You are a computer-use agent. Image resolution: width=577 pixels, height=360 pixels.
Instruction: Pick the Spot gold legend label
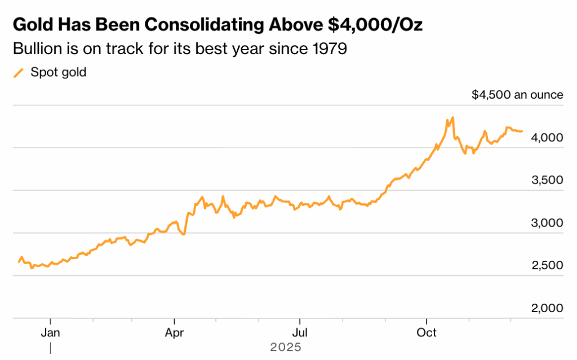click(58, 72)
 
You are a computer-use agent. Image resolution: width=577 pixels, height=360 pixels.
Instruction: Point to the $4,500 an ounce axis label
click(517, 95)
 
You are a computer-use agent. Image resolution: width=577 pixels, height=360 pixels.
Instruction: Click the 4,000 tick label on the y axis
click(547, 137)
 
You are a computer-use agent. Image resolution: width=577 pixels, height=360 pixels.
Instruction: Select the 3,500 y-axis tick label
click(547, 180)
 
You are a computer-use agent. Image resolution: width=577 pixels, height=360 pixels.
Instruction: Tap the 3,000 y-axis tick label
click(547, 223)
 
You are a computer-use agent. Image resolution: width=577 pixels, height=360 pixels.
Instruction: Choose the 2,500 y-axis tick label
click(547, 265)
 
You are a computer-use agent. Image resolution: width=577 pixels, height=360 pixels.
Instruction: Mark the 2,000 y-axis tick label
click(547, 308)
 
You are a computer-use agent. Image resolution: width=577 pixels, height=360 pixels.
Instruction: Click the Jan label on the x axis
click(51, 332)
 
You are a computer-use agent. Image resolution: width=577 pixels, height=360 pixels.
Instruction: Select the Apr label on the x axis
click(175, 332)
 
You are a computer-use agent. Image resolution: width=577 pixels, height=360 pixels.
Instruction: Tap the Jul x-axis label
click(300, 332)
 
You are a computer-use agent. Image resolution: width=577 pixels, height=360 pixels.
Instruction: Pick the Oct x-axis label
click(427, 332)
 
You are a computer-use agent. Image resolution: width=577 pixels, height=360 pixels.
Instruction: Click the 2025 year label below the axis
click(286, 347)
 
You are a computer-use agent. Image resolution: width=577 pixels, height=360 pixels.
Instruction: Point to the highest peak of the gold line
click(452, 118)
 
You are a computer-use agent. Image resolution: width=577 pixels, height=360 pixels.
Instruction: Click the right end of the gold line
click(522, 131)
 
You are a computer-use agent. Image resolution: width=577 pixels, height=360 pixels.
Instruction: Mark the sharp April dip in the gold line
click(184, 234)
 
